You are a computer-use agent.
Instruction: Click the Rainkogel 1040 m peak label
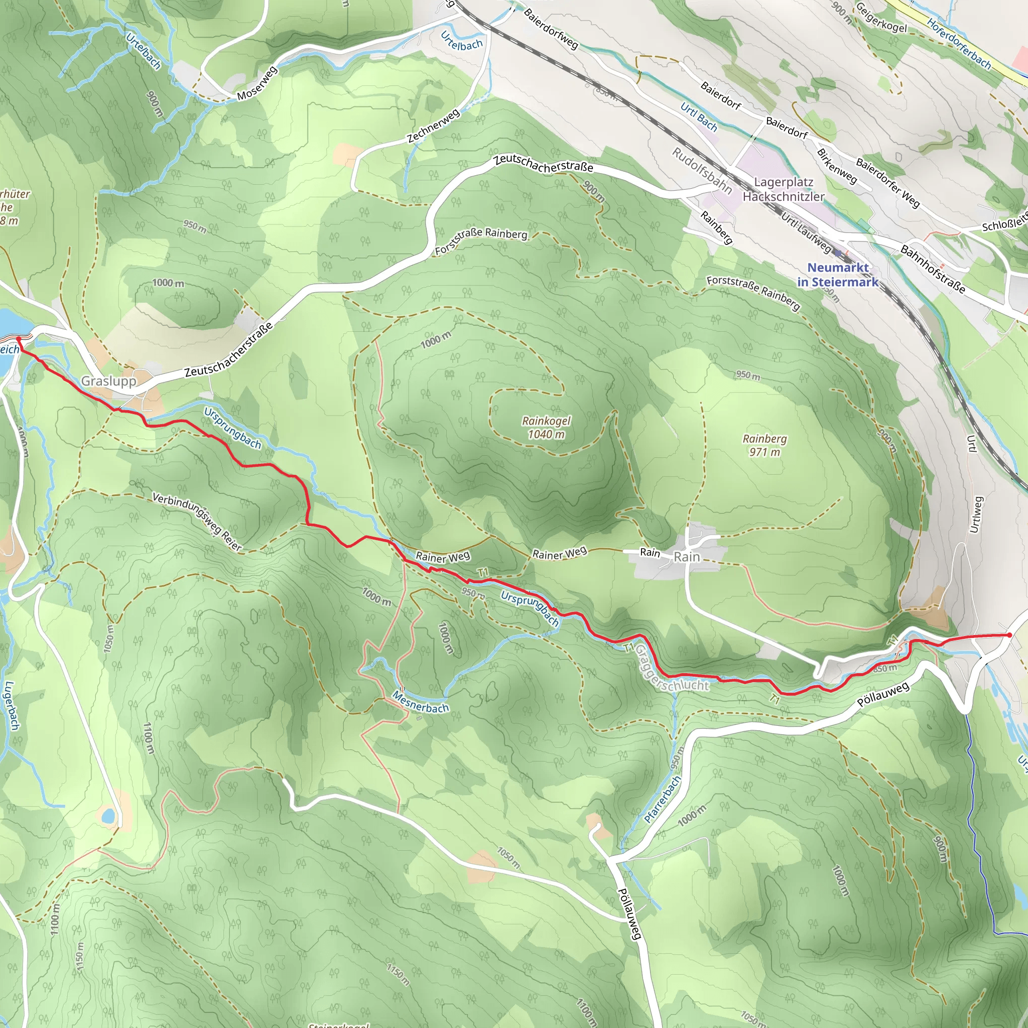[546, 427]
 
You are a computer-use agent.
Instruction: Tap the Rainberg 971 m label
[764, 445]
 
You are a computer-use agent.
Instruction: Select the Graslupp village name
[108, 381]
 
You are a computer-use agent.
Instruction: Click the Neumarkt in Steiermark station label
[838, 275]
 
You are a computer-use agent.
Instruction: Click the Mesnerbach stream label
[420, 702]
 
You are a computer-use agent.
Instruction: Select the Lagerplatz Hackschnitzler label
[783, 189]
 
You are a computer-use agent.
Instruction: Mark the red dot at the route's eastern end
[1009, 635]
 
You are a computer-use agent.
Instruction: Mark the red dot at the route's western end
[19, 338]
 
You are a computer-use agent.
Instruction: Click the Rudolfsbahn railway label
[701, 171]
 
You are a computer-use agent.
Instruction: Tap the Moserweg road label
[257, 83]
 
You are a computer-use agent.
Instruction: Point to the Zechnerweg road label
[433, 126]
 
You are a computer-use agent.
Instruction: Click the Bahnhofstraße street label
[932, 269]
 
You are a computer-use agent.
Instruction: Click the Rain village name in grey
[686, 557]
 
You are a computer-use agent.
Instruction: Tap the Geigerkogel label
[880, 18]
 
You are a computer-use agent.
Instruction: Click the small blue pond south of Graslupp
[108, 815]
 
